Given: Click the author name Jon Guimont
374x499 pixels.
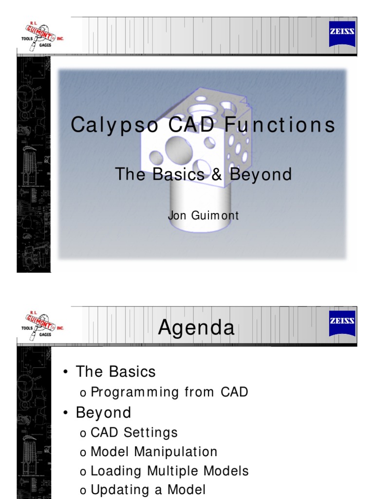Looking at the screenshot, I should click(x=203, y=215).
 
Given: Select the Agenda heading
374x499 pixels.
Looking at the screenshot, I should click(x=196, y=327).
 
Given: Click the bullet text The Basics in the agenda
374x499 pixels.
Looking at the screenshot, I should click(x=115, y=372).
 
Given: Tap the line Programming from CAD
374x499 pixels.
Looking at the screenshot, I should click(x=169, y=392).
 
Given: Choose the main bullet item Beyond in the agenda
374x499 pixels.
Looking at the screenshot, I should click(x=103, y=413).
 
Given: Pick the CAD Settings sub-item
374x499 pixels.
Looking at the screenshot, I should click(x=134, y=432).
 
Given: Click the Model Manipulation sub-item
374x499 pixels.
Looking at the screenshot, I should click(x=154, y=452).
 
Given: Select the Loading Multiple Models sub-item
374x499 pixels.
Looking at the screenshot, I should click(x=169, y=471).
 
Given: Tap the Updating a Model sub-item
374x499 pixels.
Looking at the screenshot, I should click(x=148, y=490).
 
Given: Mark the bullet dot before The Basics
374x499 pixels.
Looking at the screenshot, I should click(x=65, y=373).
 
